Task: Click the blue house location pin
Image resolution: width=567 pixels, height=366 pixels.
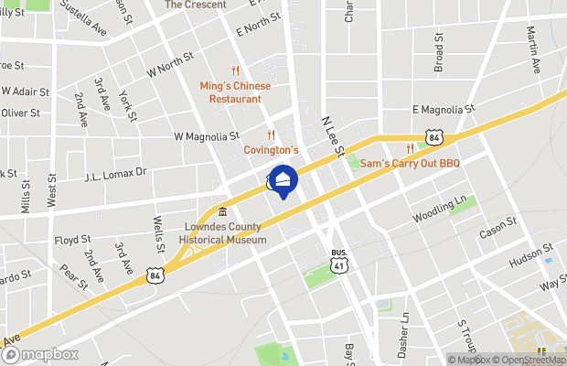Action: click(x=283, y=181)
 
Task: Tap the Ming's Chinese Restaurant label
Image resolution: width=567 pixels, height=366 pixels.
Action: click(x=235, y=91)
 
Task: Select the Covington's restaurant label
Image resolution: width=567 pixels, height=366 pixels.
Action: click(x=271, y=149)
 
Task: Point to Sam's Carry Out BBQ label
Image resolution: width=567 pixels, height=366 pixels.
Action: click(x=410, y=163)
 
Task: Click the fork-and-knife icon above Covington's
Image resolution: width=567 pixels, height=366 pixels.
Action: click(x=272, y=135)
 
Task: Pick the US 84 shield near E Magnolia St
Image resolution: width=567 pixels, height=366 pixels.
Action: click(x=434, y=137)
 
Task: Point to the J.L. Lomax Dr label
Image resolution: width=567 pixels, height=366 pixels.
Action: click(x=115, y=174)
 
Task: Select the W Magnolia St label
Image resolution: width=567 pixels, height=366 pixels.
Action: click(x=206, y=136)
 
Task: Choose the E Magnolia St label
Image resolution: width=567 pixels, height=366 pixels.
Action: click(x=444, y=108)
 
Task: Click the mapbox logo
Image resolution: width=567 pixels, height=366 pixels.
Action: click(x=40, y=354)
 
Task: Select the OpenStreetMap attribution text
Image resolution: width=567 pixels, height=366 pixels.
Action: click(x=526, y=360)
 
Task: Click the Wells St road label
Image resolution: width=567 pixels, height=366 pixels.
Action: click(x=158, y=234)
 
